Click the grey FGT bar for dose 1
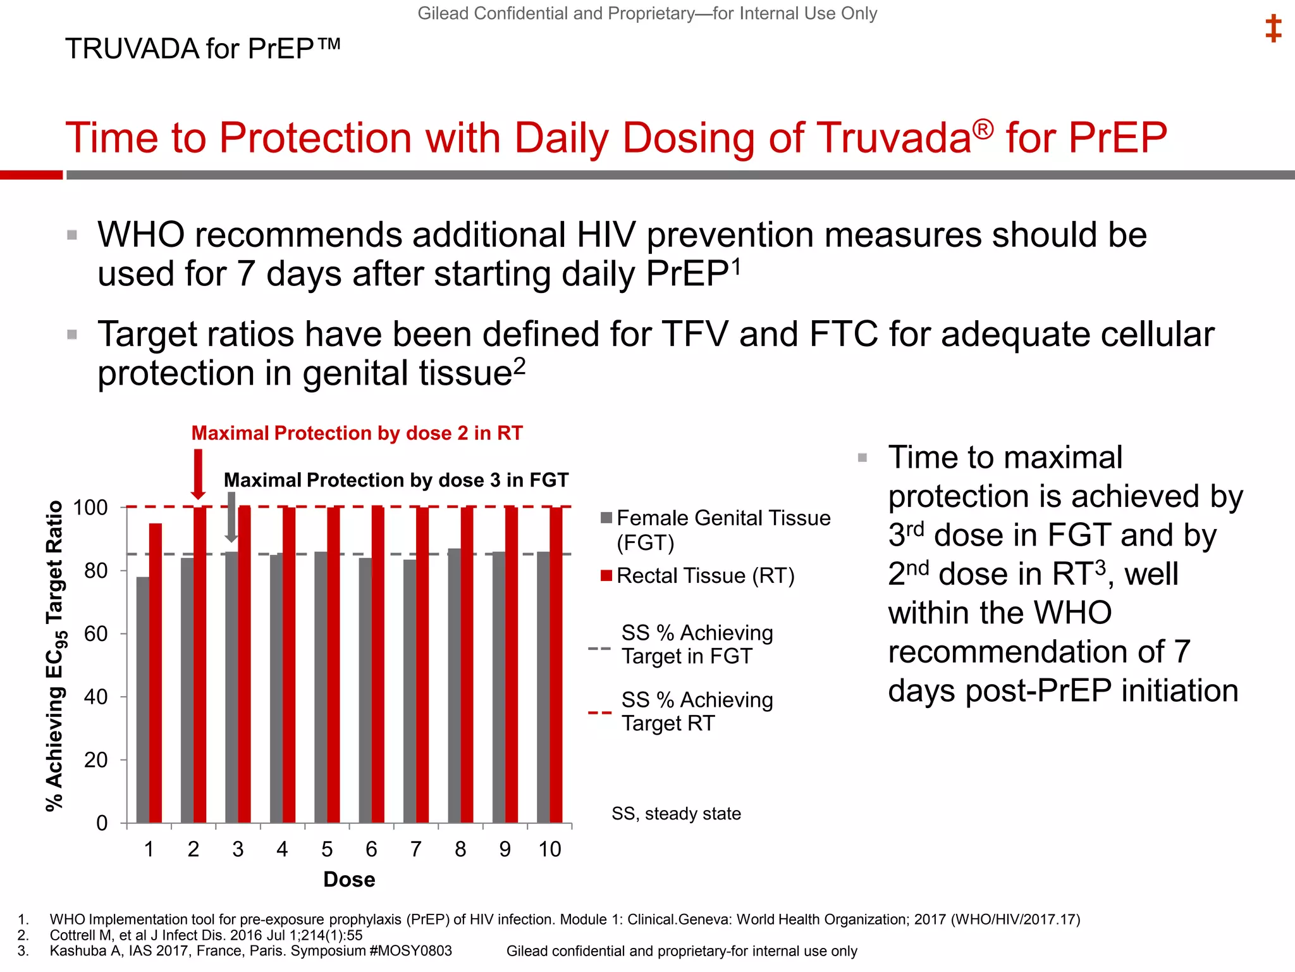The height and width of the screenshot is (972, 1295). click(x=143, y=699)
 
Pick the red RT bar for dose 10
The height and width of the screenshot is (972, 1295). click(x=556, y=664)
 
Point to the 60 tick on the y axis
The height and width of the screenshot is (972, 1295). click(x=96, y=633)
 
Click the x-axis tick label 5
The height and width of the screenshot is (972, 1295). click(x=327, y=849)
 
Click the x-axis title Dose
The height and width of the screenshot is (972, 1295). click(x=349, y=880)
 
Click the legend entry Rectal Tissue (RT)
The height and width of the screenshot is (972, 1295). click(x=704, y=576)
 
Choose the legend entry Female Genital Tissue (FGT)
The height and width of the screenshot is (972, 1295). click(x=723, y=518)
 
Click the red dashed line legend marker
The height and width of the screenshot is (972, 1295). click(x=599, y=713)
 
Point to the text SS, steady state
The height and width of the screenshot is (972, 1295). click(x=676, y=814)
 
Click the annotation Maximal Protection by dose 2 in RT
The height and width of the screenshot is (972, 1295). click(x=357, y=433)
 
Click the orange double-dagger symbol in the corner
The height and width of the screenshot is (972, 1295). click(x=1273, y=29)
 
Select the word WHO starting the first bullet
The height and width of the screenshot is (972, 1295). click(x=140, y=235)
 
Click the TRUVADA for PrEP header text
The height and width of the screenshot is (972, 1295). click(x=202, y=49)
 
